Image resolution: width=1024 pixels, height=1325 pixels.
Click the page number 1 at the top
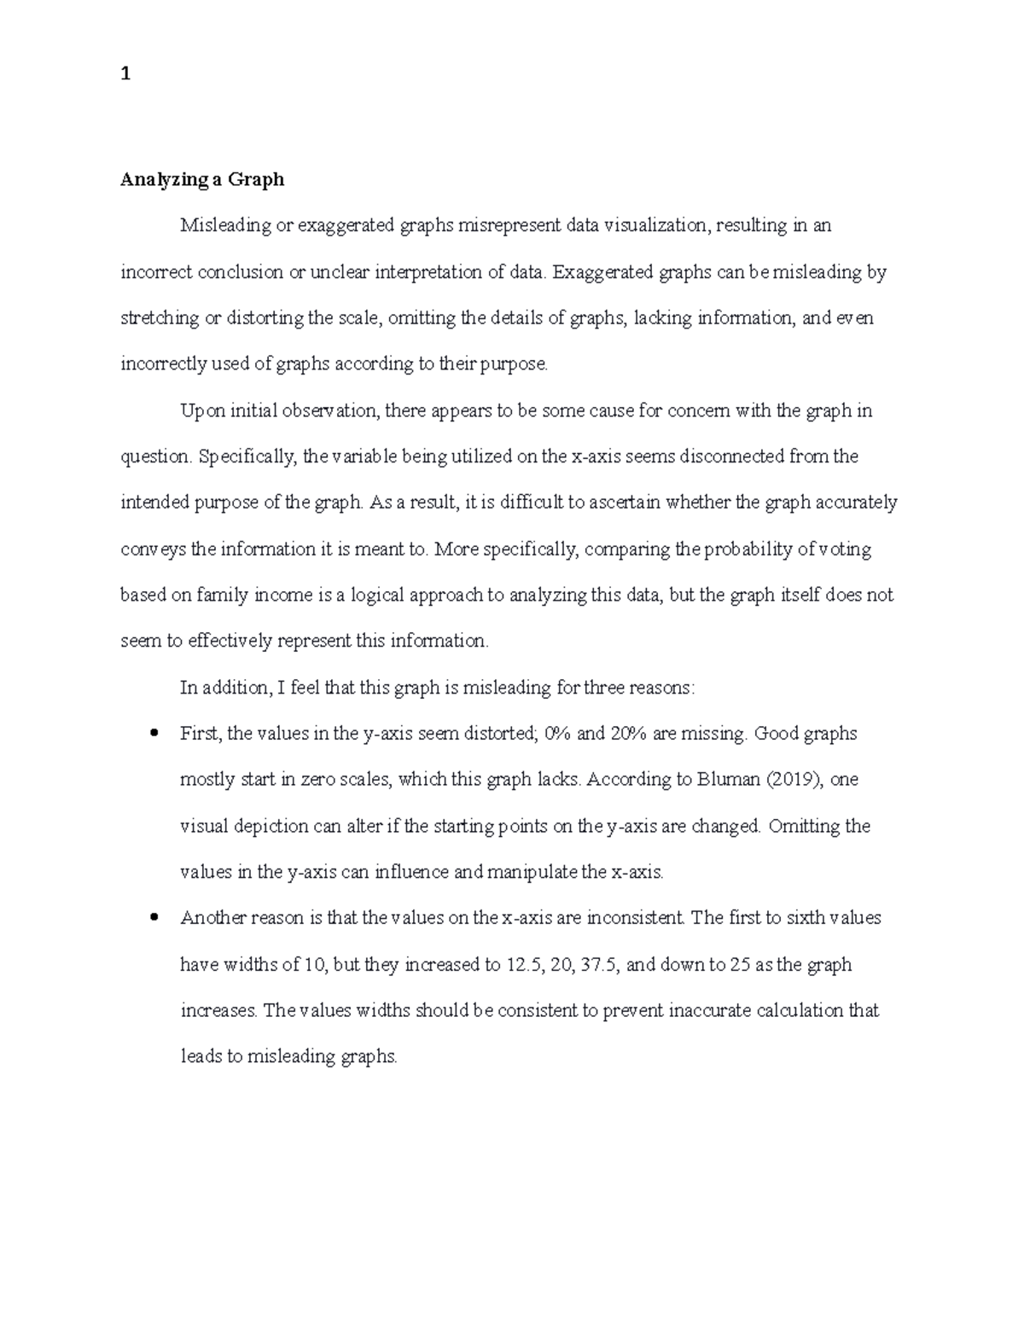(125, 74)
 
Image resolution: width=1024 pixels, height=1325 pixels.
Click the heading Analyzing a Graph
(202, 179)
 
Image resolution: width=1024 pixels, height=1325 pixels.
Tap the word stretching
(158, 318)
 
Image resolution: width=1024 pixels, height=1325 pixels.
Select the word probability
(750, 549)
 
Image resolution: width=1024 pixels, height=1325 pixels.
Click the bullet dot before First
(154, 733)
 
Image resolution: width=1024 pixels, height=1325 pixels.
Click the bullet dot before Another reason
(154, 918)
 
